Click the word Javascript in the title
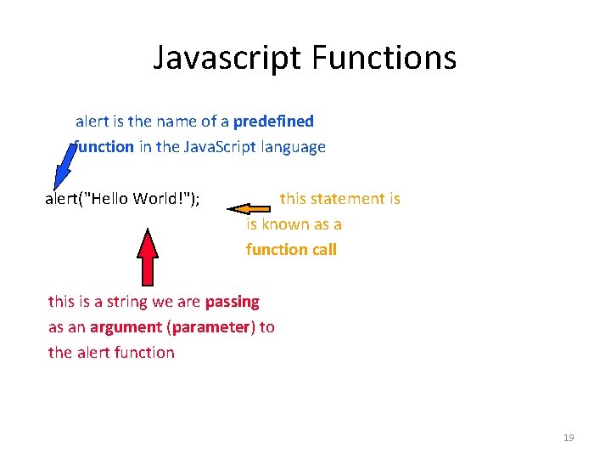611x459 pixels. (227, 58)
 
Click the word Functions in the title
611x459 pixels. (384, 58)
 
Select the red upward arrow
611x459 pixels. (149, 256)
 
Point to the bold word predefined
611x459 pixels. (273, 122)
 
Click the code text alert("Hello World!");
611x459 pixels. (122, 199)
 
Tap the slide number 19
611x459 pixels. (569, 438)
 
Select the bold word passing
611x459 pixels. (232, 302)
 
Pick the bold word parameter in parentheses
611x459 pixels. (212, 327)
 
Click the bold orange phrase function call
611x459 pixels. (291, 250)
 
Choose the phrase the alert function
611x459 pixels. (111, 353)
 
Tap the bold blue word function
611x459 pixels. (104, 147)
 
